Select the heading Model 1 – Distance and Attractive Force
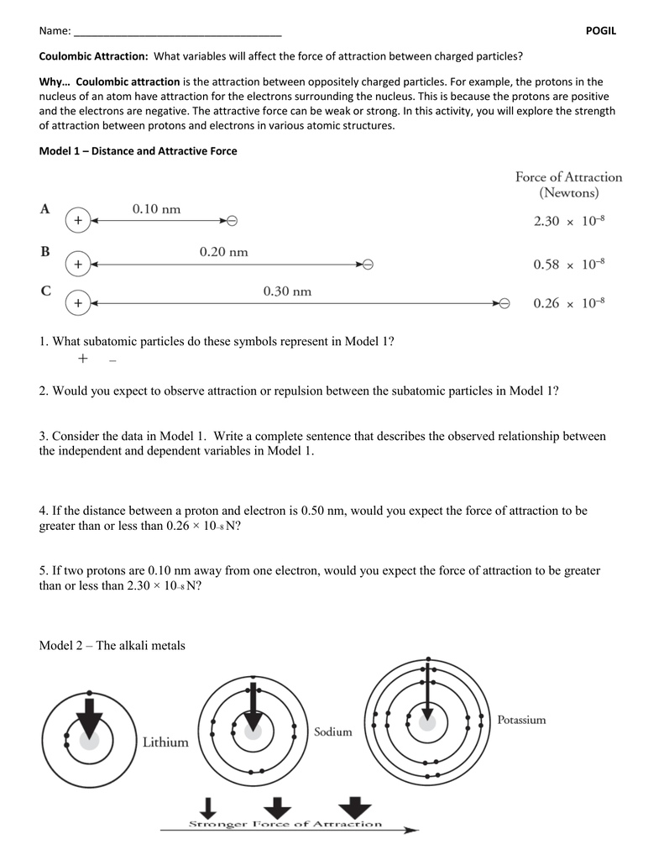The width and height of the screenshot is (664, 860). coord(139,151)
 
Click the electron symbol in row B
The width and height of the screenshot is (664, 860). coord(367,264)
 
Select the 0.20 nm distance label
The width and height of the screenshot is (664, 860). coord(223,251)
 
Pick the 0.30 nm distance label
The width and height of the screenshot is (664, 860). coord(287,291)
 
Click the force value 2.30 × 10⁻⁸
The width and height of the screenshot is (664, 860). coord(569,221)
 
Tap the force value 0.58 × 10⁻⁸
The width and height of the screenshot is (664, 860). coord(569,264)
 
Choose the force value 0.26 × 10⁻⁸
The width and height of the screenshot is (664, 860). coord(569,303)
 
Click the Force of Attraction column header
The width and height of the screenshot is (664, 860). coord(568,185)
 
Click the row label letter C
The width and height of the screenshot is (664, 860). coord(45,291)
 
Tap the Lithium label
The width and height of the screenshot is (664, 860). coord(165,742)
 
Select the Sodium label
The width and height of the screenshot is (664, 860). coord(332,732)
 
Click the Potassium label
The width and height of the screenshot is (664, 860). coord(521,719)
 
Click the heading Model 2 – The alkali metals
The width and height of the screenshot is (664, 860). coord(112,645)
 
